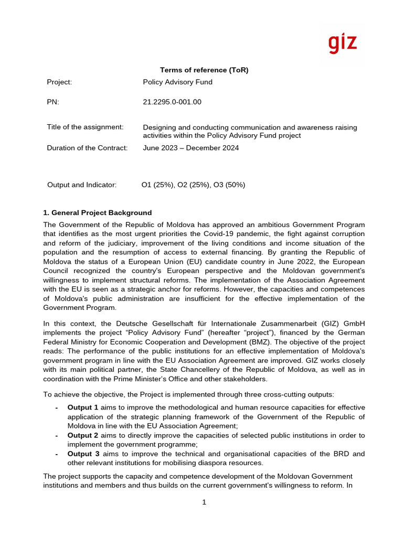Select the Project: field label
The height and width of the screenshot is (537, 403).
tap(59, 82)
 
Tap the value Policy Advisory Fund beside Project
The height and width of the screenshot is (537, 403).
tap(177, 82)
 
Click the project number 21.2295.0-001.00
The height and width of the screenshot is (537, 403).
tap(172, 102)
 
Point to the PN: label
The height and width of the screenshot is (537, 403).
tap(53, 102)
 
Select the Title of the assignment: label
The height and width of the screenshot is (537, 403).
tap(85, 127)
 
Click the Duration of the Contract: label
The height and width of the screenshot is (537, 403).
tap(87, 148)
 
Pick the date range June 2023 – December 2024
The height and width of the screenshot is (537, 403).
tap(190, 148)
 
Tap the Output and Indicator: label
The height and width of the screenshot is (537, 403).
tap(82, 185)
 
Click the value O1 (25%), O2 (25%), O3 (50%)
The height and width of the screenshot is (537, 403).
tap(193, 185)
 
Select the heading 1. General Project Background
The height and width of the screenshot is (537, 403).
tap(97, 212)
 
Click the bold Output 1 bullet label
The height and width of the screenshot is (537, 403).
tap(83, 407)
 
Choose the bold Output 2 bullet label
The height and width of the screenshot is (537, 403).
tap(83, 435)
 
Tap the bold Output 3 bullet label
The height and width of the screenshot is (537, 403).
tap(83, 454)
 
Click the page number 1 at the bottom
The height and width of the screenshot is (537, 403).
tap(204, 502)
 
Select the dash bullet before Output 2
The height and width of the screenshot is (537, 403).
tap(57, 435)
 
